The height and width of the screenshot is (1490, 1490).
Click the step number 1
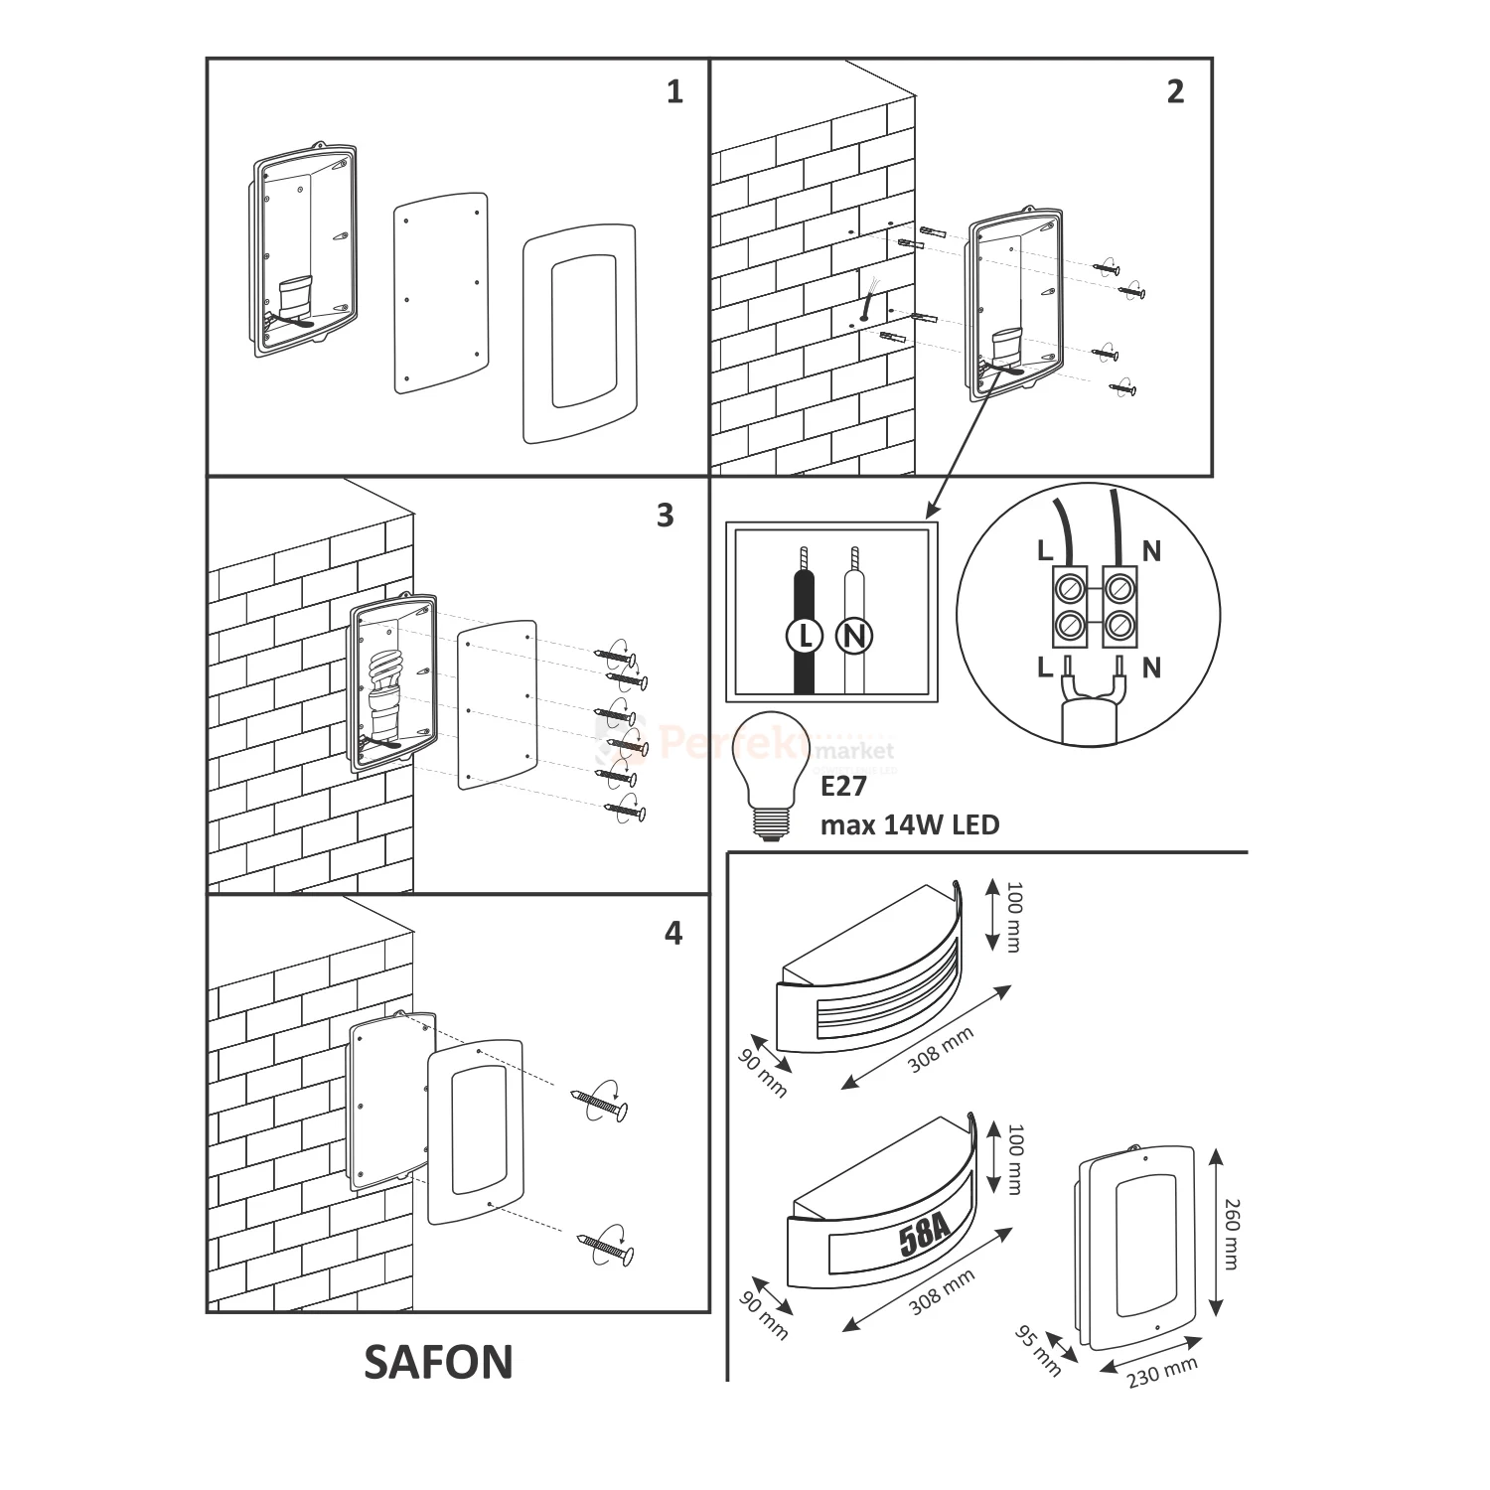pos(675,92)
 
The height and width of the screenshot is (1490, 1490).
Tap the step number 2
pos(1175,92)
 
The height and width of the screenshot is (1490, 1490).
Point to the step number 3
pos(666,516)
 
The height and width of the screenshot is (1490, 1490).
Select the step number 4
pos(673,934)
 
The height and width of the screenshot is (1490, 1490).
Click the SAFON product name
pos(438,1363)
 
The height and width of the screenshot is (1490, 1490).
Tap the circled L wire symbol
pos(806,635)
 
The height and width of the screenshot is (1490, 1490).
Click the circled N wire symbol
pos(853,635)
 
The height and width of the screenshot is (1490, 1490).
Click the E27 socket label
pos(843,787)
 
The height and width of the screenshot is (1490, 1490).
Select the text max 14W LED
pos(910,824)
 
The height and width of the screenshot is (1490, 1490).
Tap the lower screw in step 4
pos(605,1246)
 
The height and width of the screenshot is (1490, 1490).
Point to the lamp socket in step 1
pos(296,297)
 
